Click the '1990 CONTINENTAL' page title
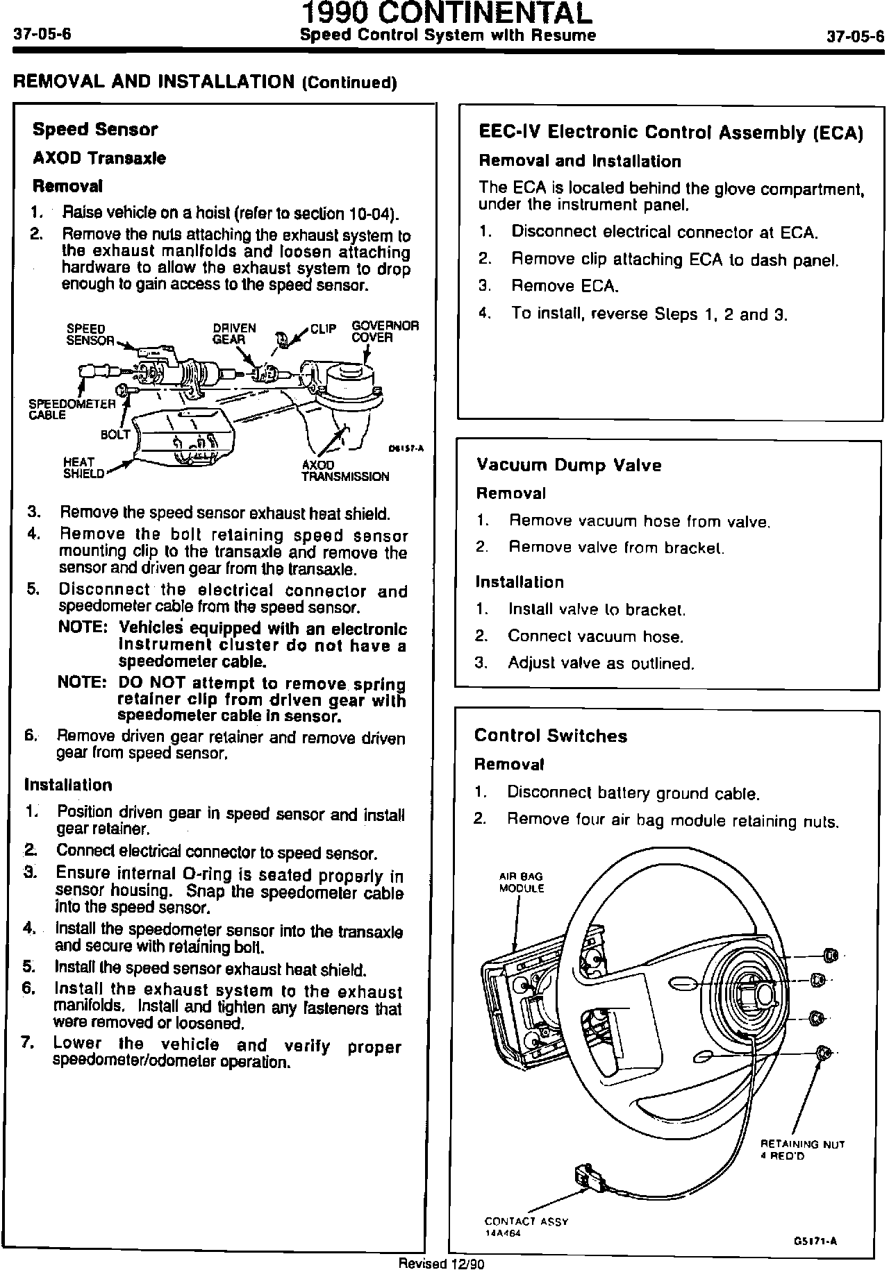point(447,13)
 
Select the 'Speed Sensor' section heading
point(95,130)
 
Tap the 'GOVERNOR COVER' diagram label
point(385,332)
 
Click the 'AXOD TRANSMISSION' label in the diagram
point(345,471)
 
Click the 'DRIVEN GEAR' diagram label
point(234,334)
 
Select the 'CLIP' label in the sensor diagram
point(323,328)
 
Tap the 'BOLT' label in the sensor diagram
point(115,435)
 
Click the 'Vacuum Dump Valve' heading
point(569,465)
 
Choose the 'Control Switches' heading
point(550,736)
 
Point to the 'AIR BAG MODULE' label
point(522,883)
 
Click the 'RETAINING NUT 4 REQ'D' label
point(802,1150)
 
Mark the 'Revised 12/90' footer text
point(440,1263)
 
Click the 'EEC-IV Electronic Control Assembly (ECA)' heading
point(671,133)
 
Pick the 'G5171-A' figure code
point(815,1242)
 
